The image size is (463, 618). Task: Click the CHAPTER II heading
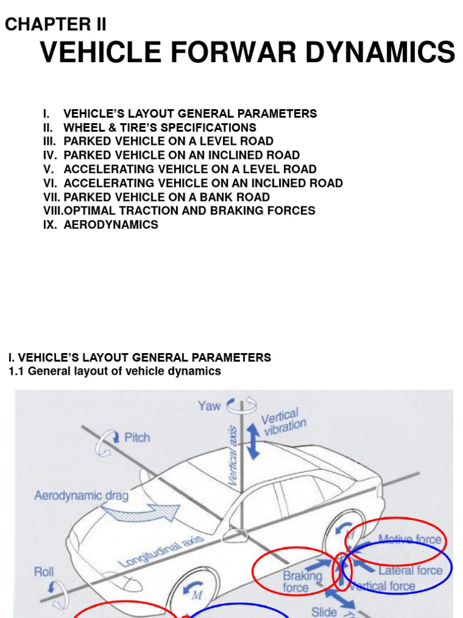click(x=55, y=24)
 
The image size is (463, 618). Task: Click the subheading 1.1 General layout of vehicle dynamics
click(x=115, y=371)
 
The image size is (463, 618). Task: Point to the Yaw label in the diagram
click(x=209, y=406)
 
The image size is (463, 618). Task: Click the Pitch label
click(x=137, y=437)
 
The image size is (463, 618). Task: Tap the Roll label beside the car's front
click(x=43, y=571)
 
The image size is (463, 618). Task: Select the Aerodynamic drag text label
click(x=81, y=495)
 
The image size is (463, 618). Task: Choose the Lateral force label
click(x=410, y=570)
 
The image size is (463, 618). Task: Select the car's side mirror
click(x=232, y=534)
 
